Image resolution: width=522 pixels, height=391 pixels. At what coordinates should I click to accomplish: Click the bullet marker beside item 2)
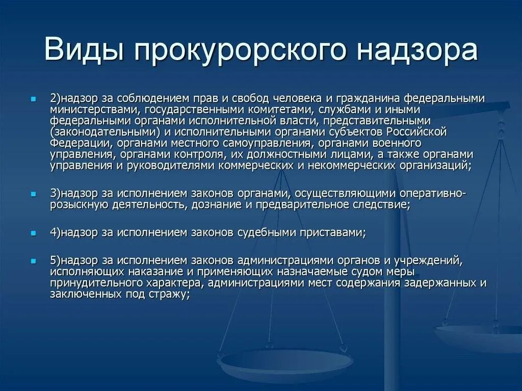(x=33, y=97)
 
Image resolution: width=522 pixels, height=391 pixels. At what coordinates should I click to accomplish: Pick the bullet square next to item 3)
(x=33, y=194)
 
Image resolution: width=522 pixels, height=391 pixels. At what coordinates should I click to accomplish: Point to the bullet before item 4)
(x=33, y=232)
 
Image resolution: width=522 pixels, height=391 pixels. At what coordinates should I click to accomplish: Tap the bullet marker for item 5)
(x=33, y=260)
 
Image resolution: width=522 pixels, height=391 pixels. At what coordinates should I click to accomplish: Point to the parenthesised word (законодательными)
(x=101, y=132)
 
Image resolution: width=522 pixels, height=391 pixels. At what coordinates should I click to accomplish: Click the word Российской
(x=419, y=132)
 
